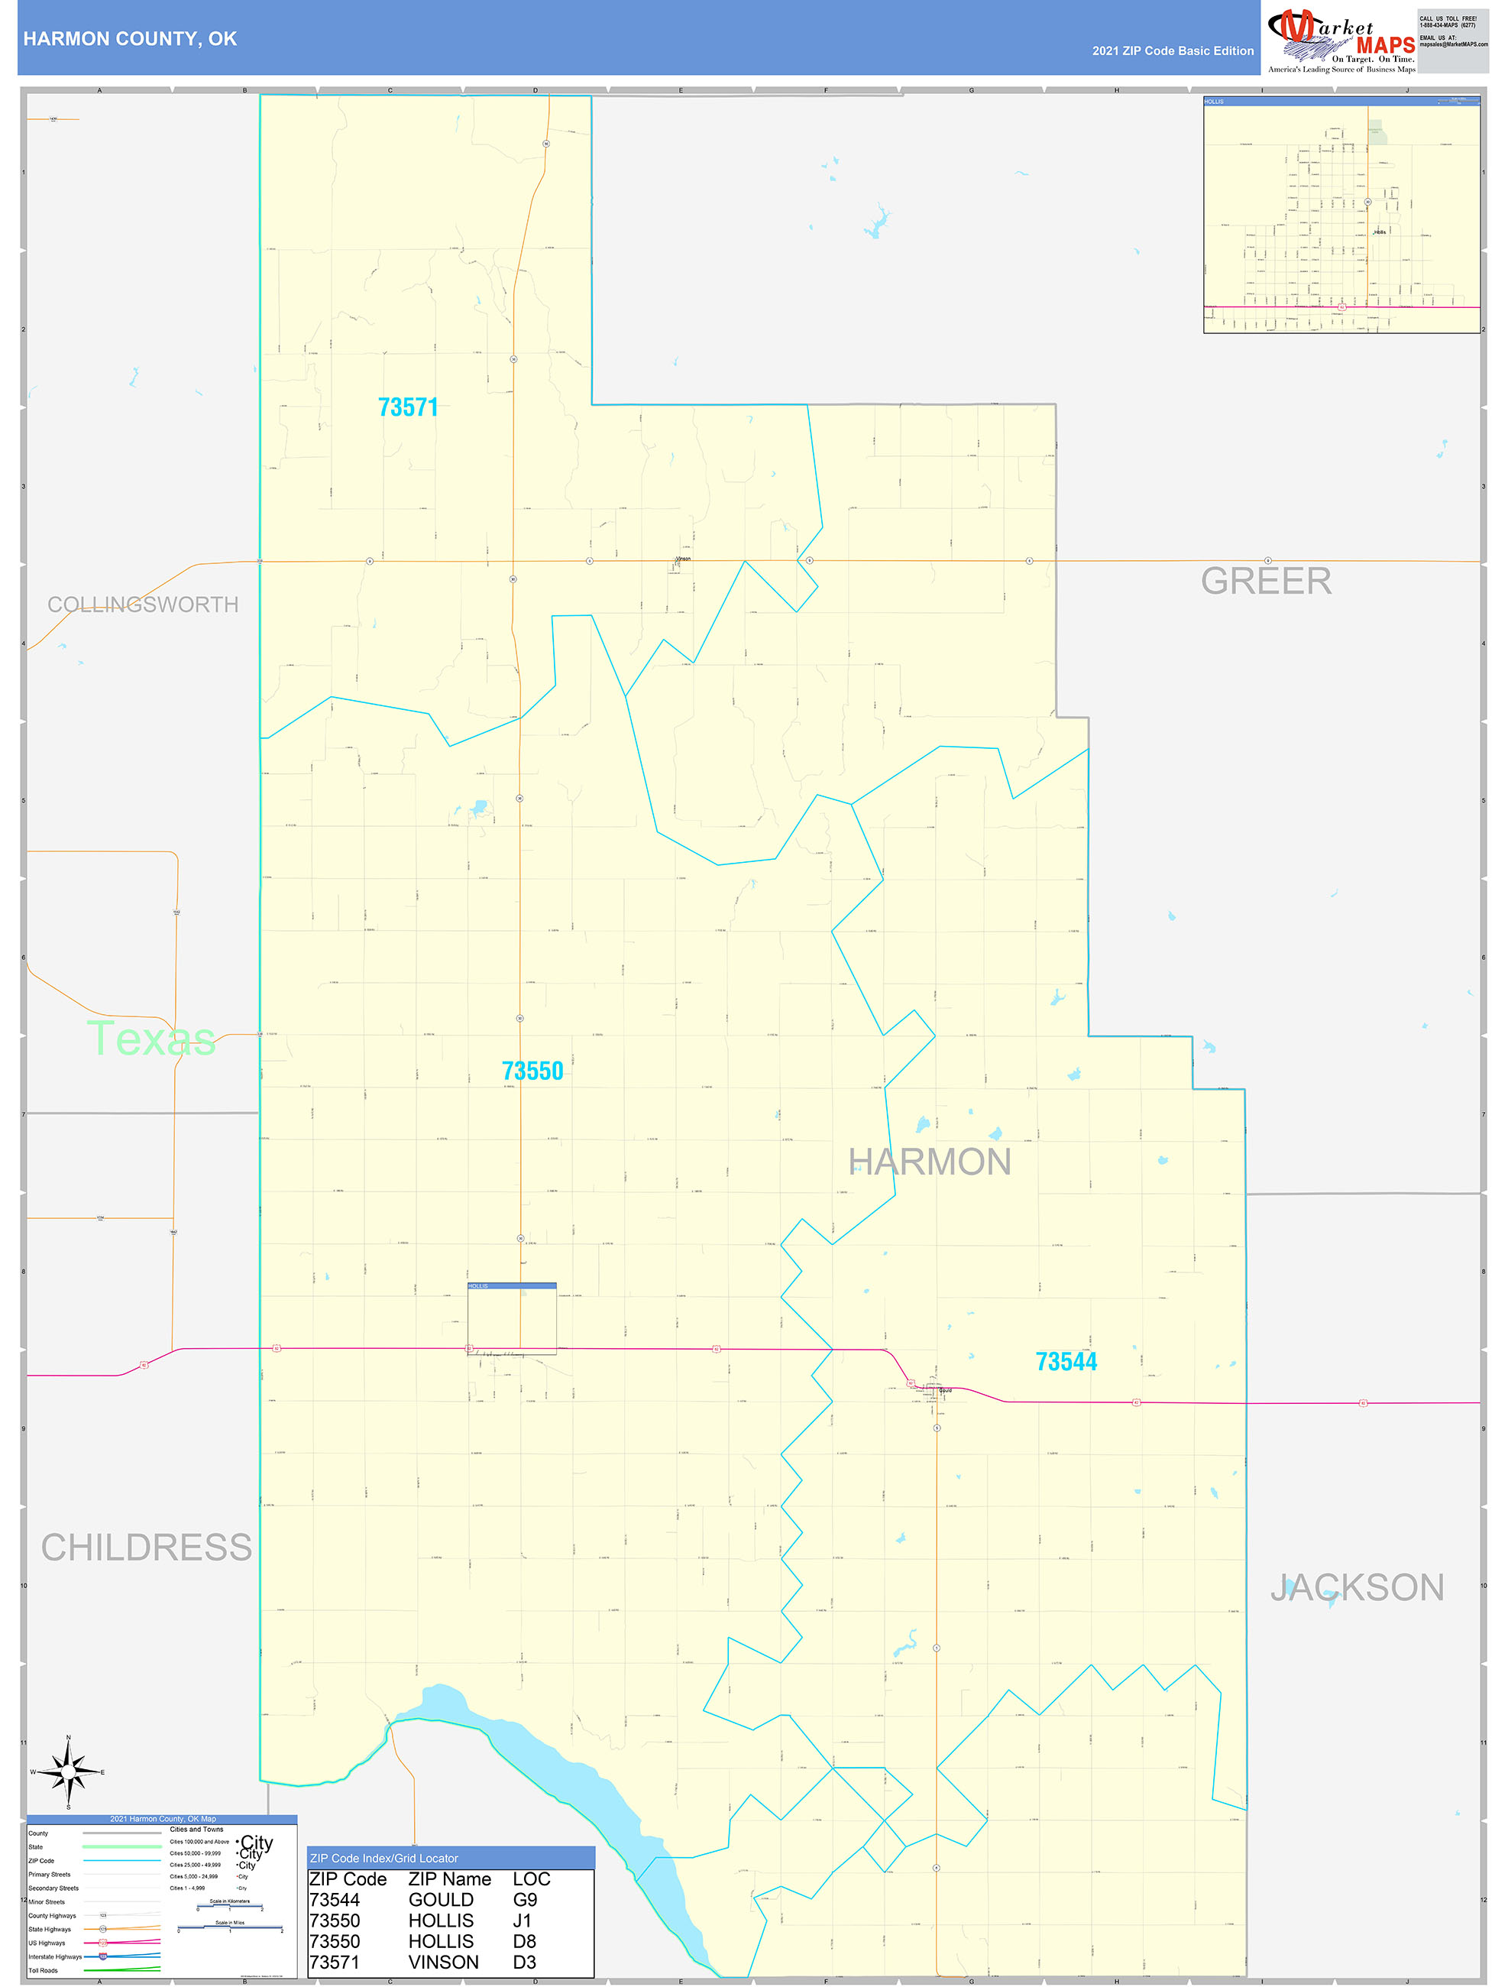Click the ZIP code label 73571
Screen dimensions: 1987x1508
[408, 408]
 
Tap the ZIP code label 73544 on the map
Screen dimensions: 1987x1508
[1066, 1362]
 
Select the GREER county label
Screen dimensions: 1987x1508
[1266, 581]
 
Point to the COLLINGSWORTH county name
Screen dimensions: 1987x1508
[143, 605]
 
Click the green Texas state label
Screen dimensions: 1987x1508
[151, 1039]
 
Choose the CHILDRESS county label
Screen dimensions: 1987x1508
[147, 1548]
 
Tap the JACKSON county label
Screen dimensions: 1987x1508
[1356, 1587]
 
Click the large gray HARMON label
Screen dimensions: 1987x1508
[930, 1162]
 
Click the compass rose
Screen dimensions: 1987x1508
[68, 1771]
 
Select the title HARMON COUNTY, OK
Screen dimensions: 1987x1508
[130, 39]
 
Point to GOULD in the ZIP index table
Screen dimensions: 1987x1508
[440, 1900]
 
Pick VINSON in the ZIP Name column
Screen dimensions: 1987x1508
[443, 1963]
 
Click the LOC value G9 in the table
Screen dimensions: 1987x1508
[525, 1900]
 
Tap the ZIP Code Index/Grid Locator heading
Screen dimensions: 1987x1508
[383, 1859]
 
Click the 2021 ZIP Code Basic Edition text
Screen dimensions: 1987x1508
[1172, 51]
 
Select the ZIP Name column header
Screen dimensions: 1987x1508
[449, 1879]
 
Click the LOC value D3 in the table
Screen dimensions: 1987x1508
[525, 1963]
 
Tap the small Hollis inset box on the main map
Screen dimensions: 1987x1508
[511, 1318]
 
